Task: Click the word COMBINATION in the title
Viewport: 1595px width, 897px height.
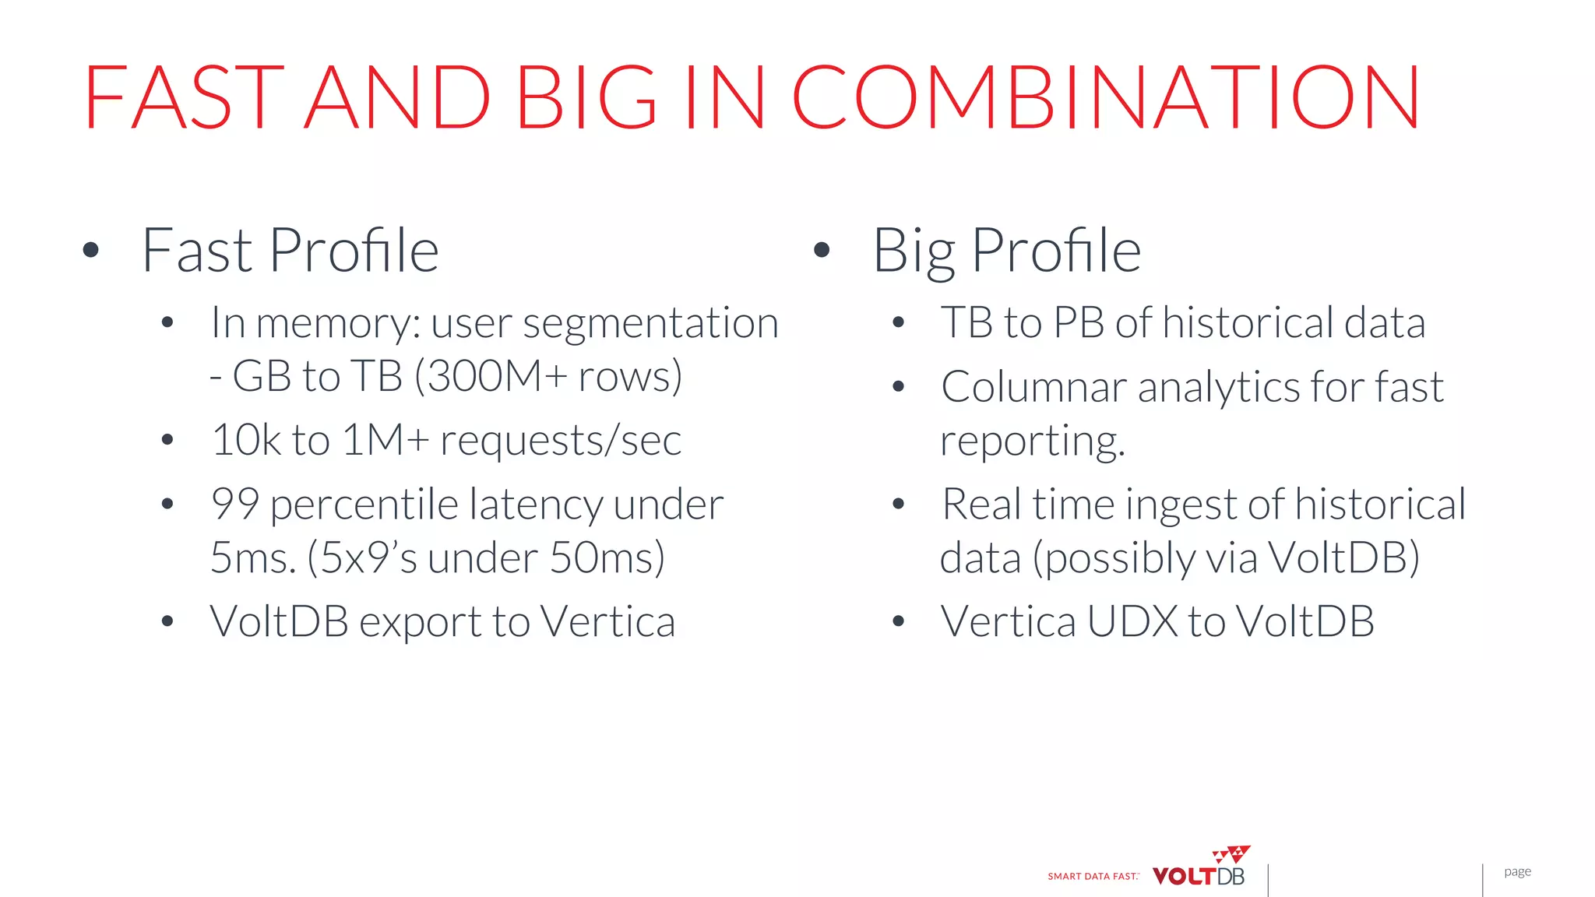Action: (1106, 97)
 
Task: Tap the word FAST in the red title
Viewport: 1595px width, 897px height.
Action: (184, 97)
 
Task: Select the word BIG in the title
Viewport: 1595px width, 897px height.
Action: (586, 97)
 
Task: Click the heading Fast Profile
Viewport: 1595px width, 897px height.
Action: (290, 251)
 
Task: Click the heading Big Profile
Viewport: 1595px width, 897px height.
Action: (1006, 251)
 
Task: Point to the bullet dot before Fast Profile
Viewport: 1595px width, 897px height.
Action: (91, 250)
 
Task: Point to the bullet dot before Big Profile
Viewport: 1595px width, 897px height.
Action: (822, 250)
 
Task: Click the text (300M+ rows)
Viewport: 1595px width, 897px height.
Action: (548, 377)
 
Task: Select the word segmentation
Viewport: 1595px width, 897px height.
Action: (650, 323)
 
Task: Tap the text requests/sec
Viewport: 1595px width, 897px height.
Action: (561, 441)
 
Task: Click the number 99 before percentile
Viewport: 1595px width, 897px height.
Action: (234, 505)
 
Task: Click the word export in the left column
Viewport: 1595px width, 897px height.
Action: (421, 622)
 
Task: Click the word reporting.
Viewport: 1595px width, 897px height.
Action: (1032, 441)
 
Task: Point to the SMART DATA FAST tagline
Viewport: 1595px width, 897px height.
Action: (1093, 877)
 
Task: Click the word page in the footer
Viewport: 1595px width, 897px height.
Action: (1517, 872)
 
